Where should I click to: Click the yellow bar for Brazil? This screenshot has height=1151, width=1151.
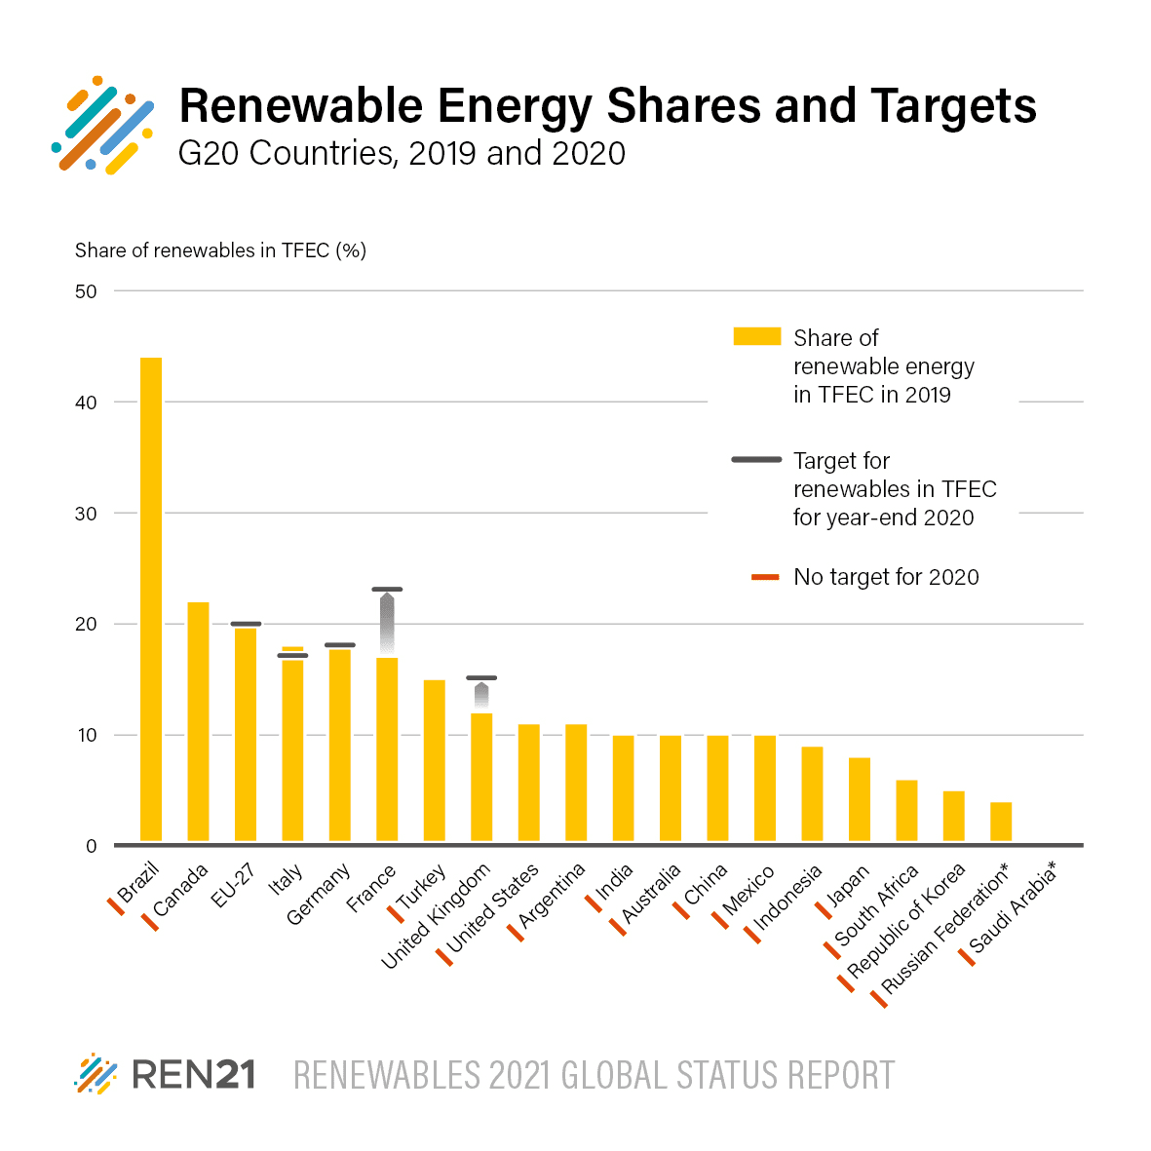pos(151,598)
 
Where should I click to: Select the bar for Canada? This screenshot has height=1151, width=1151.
pos(198,721)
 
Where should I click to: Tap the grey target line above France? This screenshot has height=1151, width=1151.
pos(387,589)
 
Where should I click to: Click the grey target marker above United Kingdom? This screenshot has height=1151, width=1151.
pos(481,677)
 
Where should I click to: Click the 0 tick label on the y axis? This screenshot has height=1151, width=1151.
pos(91,846)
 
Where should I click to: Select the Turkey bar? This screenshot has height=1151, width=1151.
pos(434,760)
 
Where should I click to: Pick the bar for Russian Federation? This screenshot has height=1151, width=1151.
pos(1001,822)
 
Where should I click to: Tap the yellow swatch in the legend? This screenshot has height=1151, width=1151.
pos(756,336)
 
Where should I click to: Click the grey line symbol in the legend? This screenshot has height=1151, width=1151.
pos(756,459)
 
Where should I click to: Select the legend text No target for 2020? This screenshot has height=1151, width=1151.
pos(886,577)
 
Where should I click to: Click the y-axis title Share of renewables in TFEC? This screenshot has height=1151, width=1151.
pos(220,250)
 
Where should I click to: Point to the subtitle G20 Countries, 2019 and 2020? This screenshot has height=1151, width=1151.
pos(402,153)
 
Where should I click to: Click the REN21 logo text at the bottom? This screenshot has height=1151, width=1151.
pos(193,1075)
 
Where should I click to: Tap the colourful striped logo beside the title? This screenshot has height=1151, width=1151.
pos(103,125)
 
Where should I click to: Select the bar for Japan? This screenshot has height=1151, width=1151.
pos(860,799)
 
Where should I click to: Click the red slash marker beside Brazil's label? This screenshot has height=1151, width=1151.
pos(115,906)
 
